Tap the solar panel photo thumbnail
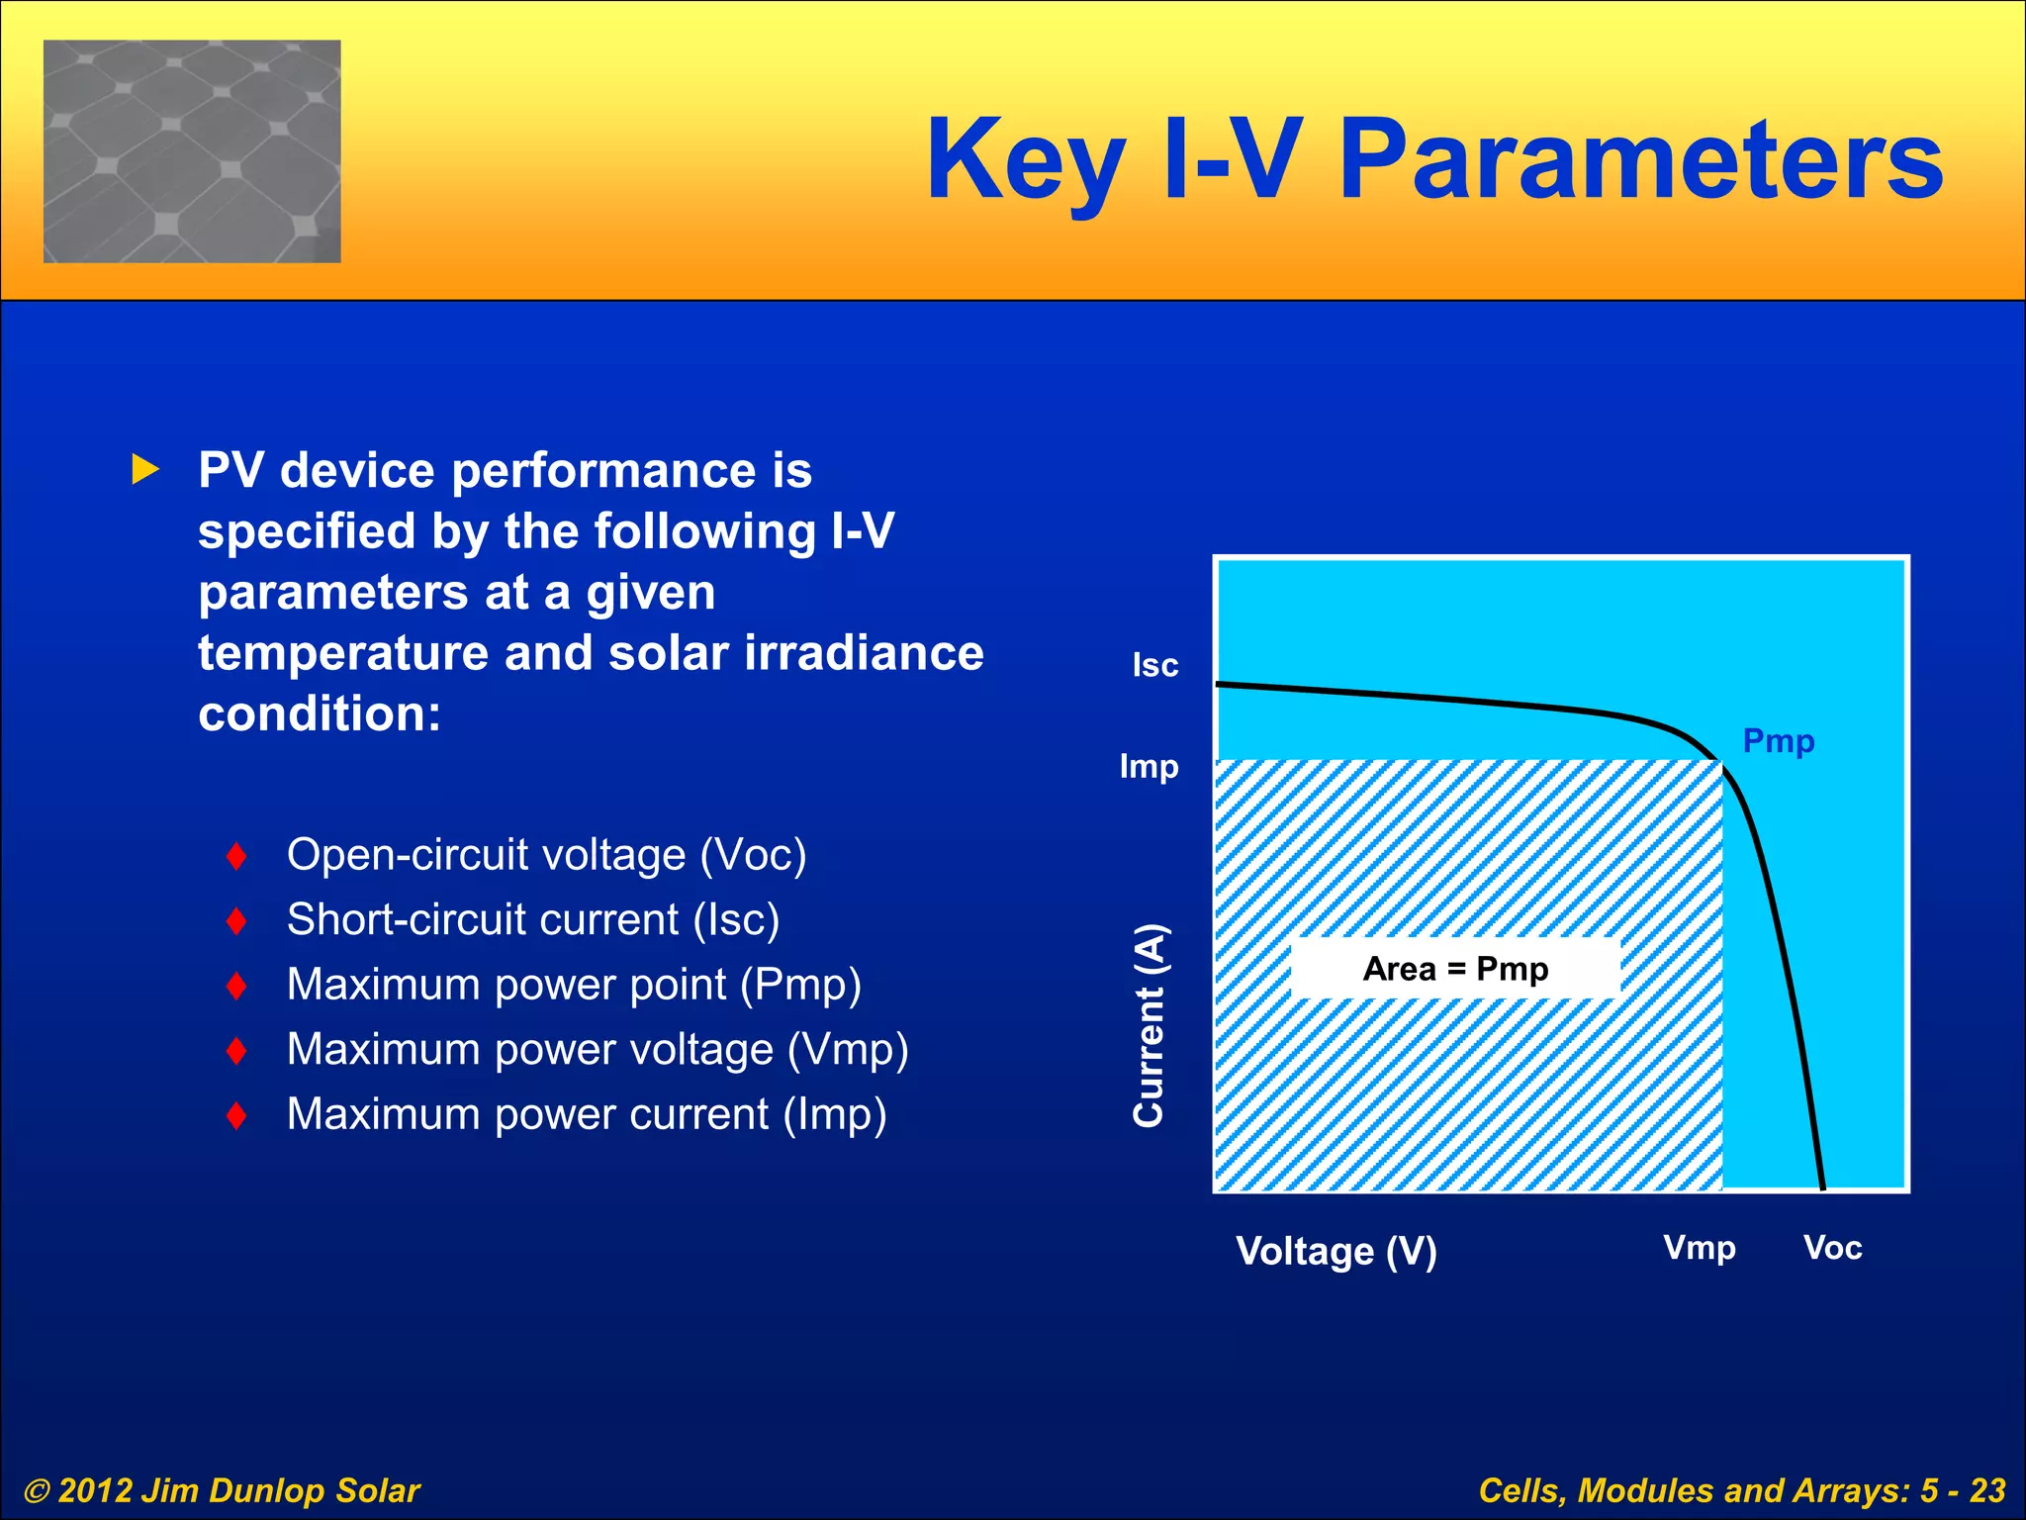point(192,151)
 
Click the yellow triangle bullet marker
point(144,470)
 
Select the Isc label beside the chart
point(1154,665)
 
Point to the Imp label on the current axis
point(1149,766)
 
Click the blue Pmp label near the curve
point(1778,740)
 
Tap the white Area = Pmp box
point(1454,968)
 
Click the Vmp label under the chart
point(1699,1247)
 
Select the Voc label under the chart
point(1832,1247)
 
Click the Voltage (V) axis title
point(1335,1251)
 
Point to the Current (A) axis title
point(1149,1025)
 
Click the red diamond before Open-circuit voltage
point(236,856)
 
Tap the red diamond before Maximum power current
point(236,1115)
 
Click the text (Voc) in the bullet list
point(753,855)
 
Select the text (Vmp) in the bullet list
point(848,1049)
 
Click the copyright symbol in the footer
point(37,1490)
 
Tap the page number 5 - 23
point(1962,1490)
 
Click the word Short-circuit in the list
point(406,919)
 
